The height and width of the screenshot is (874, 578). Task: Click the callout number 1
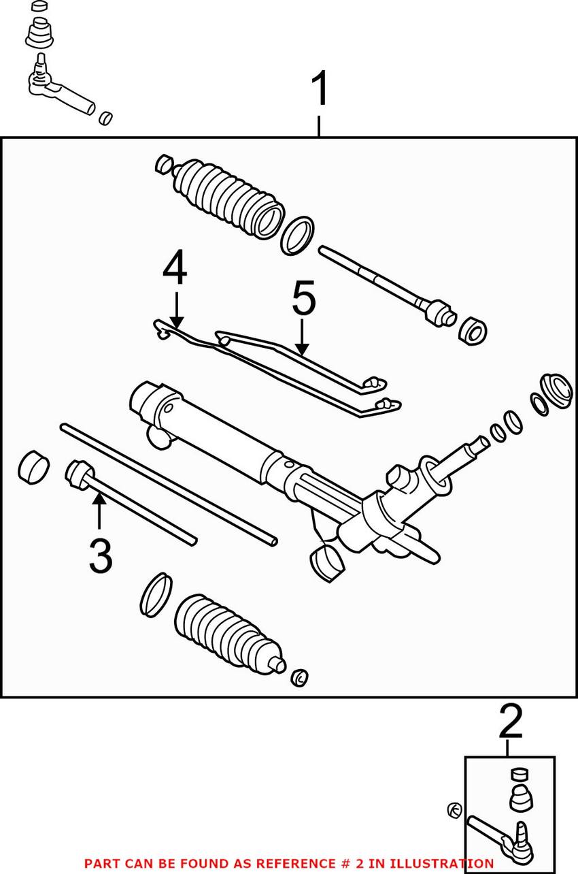[x=319, y=91]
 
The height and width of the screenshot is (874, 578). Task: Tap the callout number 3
[x=100, y=557]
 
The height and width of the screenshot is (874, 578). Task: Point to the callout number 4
[x=175, y=268]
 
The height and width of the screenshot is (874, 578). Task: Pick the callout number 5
[x=303, y=300]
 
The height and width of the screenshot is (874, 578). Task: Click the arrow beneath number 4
[x=175, y=310]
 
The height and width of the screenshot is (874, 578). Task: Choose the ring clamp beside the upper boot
[x=298, y=236]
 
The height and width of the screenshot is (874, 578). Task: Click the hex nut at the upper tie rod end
[x=473, y=330]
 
